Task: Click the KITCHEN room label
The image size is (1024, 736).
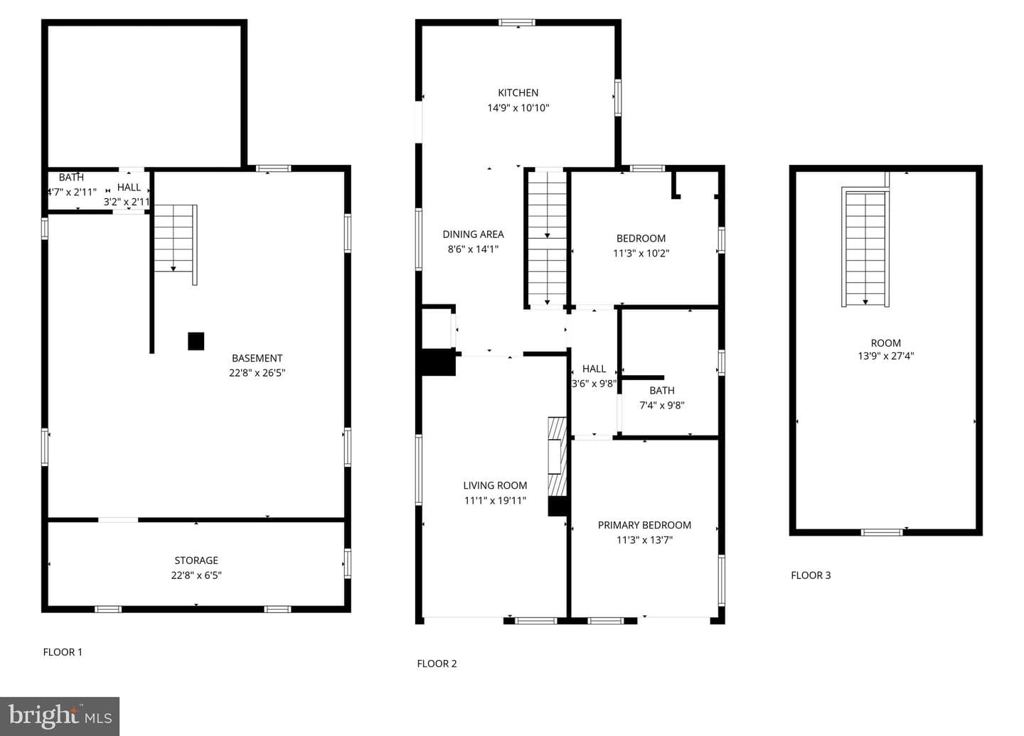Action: click(518, 92)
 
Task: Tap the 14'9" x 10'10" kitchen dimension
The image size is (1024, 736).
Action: click(518, 108)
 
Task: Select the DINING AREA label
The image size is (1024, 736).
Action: click(473, 234)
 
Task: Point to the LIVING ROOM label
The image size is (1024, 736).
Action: click(495, 485)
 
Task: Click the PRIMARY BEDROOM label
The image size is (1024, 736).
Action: click(644, 525)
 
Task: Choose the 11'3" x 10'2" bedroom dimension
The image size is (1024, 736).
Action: click(641, 254)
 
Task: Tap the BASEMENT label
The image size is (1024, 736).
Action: click(257, 358)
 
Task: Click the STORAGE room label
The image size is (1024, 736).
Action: click(196, 561)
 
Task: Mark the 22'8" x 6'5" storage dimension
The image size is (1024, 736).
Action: click(196, 575)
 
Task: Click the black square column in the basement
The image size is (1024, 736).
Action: click(196, 342)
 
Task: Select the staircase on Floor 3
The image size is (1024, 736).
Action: click(865, 247)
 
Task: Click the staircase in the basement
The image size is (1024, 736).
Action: click(176, 244)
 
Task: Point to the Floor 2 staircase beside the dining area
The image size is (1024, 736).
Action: click(547, 237)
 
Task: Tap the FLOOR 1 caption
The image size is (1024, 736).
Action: click(63, 652)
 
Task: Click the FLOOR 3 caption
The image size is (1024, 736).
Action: click(811, 575)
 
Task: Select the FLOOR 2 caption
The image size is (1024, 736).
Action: click(437, 664)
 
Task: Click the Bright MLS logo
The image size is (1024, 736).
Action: click(60, 716)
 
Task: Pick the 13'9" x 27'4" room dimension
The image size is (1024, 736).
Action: click(885, 356)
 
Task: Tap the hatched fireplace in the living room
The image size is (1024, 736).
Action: click(558, 457)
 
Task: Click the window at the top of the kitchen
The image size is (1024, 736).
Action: click(516, 22)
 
